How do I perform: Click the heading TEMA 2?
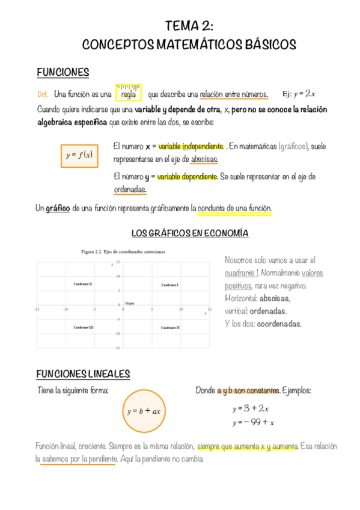tap(189, 25)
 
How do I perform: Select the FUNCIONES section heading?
tap(63, 73)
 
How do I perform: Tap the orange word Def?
tap(42, 94)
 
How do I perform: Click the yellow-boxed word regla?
tap(128, 94)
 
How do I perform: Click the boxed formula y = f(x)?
tap(79, 155)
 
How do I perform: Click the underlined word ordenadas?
tap(130, 189)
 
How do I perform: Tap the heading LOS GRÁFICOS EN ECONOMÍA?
tap(189, 233)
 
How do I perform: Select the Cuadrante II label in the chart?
tap(82, 283)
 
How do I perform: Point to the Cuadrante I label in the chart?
tap(170, 284)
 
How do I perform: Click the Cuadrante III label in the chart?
tap(83, 327)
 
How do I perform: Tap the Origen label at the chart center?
tap(129, 303)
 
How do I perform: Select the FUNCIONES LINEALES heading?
tap(83, 374)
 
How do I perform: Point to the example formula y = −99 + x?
tap(253, 422)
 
